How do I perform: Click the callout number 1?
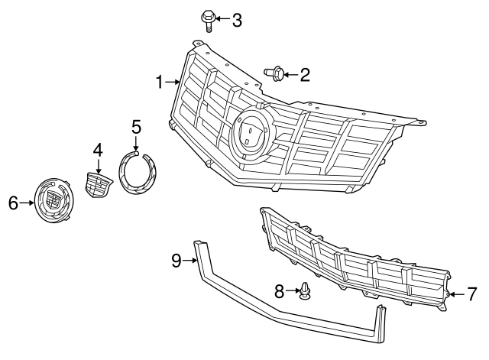pos(160,82)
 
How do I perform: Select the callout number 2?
pos(305,74)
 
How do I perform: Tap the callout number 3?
pos(237,20)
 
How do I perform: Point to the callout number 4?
pos(98,151)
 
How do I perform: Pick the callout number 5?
pos(136,126)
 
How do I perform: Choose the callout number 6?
pos(13,203)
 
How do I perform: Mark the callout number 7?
pos(471,293)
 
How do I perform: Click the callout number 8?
pos(280,291)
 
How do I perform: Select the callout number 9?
pos(176,261)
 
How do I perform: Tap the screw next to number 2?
pos(275,73)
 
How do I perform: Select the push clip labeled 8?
pos(306,293)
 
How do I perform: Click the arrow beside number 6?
pos(28,203)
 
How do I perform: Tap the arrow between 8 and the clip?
pos(293,291)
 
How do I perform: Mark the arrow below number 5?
pos(136,144)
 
